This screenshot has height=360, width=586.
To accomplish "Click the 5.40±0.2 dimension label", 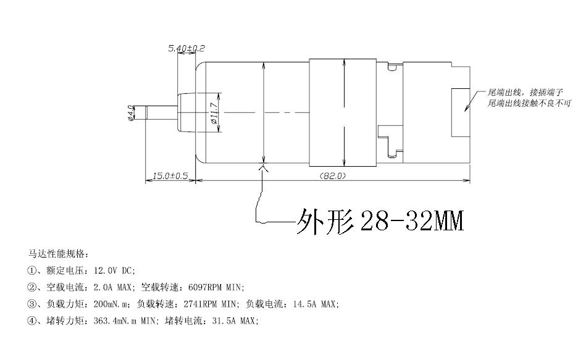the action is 186,48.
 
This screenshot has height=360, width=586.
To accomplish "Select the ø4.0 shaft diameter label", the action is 131,113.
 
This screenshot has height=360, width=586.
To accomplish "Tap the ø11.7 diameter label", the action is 214,113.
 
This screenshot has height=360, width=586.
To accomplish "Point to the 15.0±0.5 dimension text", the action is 170,176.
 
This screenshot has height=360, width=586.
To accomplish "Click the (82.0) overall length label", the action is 333,176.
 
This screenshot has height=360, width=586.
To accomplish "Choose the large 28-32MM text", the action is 411,221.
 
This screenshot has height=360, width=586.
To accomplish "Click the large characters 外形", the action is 325,222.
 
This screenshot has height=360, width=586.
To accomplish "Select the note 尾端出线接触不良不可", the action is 529,103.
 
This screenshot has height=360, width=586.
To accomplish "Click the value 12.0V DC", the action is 114,270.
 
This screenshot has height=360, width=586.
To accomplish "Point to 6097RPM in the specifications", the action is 205,288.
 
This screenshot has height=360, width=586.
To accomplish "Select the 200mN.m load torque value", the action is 111,304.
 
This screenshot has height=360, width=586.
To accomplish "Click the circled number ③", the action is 31,304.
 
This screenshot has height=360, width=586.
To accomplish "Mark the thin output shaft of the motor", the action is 161,113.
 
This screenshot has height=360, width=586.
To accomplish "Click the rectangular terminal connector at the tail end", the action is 461,112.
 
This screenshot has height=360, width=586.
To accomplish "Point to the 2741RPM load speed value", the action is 200,304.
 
